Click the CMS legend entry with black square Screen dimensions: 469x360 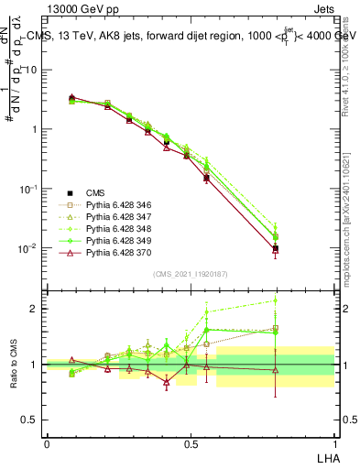pos(95,191)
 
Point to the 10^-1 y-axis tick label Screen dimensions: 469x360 pos(28,189)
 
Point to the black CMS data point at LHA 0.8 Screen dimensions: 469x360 pos(276,248)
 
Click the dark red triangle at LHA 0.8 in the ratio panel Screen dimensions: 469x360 pos(276,370)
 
